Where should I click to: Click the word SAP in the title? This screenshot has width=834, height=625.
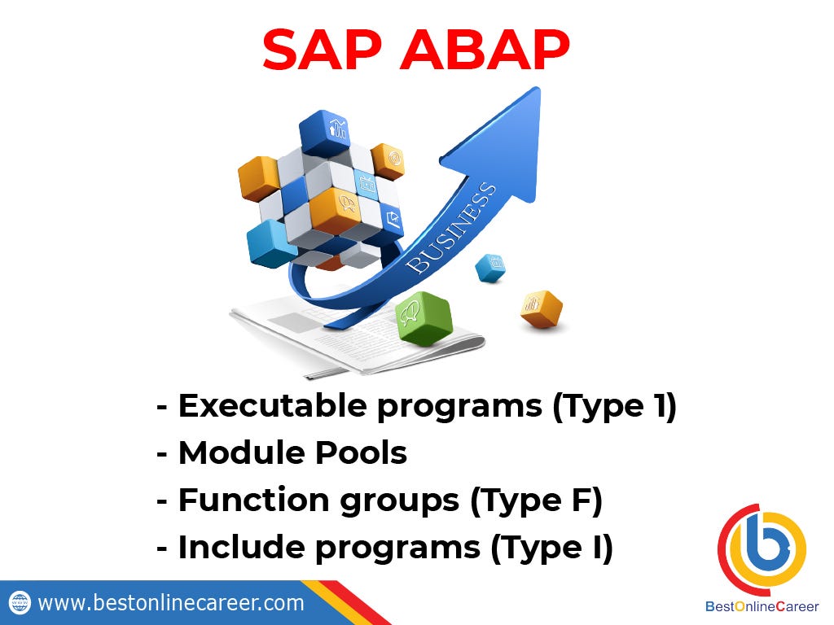point(323,50)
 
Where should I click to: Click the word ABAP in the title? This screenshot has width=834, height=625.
point(485,50)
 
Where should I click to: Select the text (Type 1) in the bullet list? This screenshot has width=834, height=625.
point(614,407)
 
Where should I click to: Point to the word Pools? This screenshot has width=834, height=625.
point(361,452)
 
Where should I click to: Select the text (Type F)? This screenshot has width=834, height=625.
point(536,501)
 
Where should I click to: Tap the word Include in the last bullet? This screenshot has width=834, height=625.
point(241,548)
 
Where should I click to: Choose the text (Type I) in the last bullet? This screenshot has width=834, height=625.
point(551,549)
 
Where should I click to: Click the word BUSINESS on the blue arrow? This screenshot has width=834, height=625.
point(451,229)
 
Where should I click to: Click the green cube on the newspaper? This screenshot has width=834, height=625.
point(424,318)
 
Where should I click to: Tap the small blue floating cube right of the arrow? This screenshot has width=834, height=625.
point(489,268)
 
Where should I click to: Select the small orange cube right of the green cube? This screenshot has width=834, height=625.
point(541,308)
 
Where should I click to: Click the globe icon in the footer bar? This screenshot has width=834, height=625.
point(20,603)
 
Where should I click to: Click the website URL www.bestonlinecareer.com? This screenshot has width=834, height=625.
point(171,603)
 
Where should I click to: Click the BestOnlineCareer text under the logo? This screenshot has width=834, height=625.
point(762,606)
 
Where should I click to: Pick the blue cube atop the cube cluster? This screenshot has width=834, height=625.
point(324,133)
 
